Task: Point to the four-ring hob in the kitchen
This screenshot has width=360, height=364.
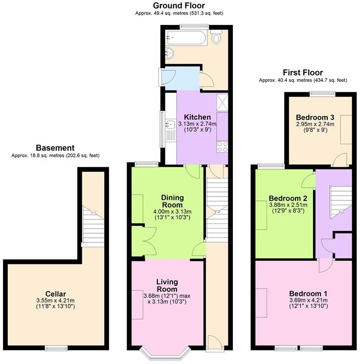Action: (222, 146)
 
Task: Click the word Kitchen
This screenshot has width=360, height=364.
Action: (197, 117)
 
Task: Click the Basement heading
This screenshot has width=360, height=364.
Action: (55, 148)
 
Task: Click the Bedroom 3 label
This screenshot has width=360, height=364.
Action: (315, 117)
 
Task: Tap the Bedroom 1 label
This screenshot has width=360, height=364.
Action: (308, 293)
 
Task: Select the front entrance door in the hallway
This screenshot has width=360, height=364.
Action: (214, 343)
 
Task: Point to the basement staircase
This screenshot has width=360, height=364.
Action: (93, 225)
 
